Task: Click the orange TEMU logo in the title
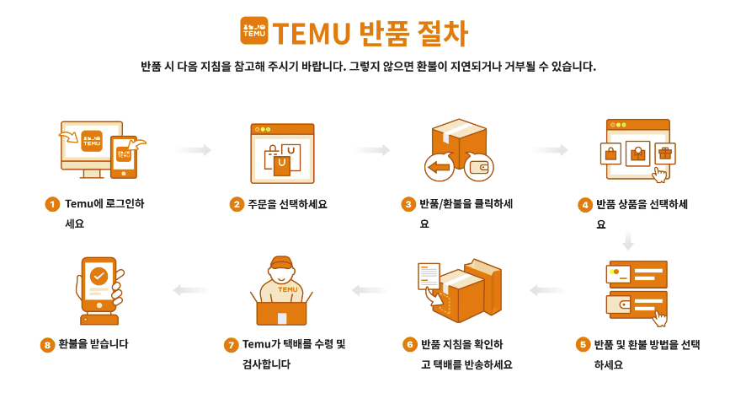(254, 31)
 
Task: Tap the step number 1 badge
(52, 204)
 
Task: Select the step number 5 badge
(582, 344)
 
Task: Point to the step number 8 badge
(47, 344)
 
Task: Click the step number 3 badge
(408, 204)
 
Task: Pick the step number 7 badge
(231, 344)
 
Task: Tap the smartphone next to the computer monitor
(124, 156)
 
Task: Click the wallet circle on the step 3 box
(479, 167)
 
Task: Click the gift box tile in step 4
(665, 154)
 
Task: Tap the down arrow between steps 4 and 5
(627, 241)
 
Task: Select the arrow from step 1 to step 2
(194, 150)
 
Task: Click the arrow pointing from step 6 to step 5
(547, 291)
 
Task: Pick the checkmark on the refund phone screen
(99, 275)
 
